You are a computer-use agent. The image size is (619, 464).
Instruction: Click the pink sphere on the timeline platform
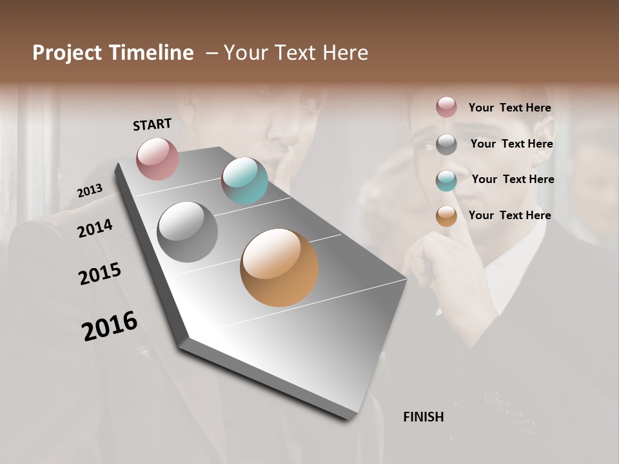[x=157, y=159]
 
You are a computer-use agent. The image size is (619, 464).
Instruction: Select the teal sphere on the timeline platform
[x=244, y=180]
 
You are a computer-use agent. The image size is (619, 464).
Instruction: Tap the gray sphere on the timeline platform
[x=188, y=232]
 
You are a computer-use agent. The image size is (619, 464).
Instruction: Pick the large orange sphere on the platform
[x=279, y=267]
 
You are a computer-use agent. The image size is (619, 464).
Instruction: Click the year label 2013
[x=90, y=191]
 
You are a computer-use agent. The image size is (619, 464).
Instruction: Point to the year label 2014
[x=95, y=228]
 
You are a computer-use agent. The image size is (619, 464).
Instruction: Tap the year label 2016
[x=110, y=326]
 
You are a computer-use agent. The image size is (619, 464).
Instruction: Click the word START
[x=152, y=124]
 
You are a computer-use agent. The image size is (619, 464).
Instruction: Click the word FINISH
[x=423, y=417]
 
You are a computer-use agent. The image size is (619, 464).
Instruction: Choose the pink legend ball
[x=446, y=108]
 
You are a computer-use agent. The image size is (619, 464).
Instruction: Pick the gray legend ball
[x=446, y=144]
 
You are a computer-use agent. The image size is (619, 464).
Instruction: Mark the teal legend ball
[x=446, y=180]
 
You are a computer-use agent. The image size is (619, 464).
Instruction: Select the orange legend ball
[x=446, y=217]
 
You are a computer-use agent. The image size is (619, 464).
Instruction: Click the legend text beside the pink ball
[x=509, y=108]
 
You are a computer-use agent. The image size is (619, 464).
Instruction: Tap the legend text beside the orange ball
[x=509, y=215]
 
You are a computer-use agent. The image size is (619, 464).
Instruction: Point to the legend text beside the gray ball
[x=511, y=144]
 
